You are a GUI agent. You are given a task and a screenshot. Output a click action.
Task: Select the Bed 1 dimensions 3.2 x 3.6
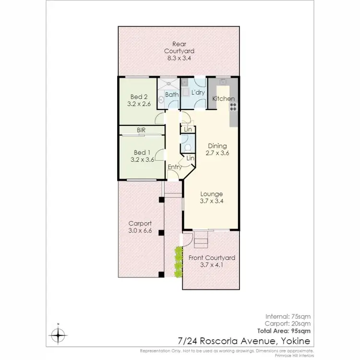[144, 160]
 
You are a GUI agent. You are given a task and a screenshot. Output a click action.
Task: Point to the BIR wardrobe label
[141, 130]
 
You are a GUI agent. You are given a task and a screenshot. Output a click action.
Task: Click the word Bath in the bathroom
[172, 95]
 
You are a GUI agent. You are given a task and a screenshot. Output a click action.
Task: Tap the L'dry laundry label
[197, 92]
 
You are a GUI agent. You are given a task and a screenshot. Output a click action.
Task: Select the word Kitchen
[223, 98]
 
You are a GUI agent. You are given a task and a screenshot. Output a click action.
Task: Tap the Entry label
[174, 167]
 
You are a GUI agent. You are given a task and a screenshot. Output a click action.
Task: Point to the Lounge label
[211, 194]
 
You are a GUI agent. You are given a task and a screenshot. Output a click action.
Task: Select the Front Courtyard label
[211, 258]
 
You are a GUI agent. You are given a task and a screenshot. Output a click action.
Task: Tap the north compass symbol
[58, 334]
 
